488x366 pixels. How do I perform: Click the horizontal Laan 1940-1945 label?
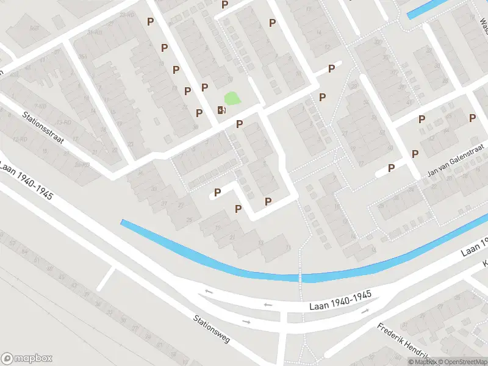tap(340, 295)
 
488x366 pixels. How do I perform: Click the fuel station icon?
tap(221, 110)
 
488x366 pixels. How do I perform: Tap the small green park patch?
tap(232, 98)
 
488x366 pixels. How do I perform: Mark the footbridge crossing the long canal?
tap(300, 278)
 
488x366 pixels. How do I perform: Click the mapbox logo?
tap(27, 358)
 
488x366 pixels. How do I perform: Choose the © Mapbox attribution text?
tap(422, 362)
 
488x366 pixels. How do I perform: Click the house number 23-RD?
tap(127, 14)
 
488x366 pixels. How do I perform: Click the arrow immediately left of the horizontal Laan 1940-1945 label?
tap(267, 303)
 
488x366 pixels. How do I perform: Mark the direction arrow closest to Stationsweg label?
tap(246, 321)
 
